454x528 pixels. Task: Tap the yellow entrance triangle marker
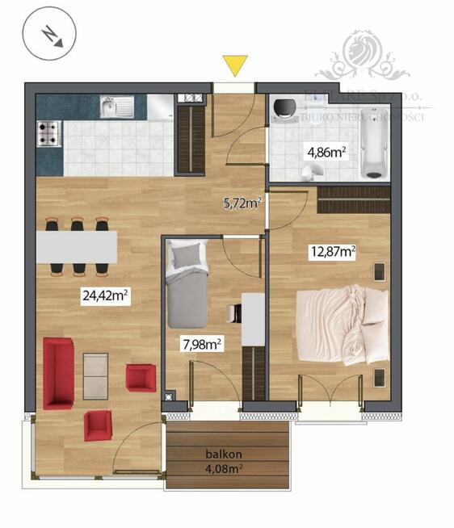(235, 65)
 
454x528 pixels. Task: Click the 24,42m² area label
(106, 295)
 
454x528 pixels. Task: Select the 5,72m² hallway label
(242, 203)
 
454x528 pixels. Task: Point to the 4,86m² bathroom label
(326, 151)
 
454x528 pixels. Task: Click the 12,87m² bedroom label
(334, 251)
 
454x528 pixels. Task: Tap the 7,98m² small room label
(202, 345)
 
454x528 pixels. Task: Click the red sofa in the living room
(59, 372)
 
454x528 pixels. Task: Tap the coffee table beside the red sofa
(95, 376)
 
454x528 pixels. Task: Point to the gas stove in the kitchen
(48, 133)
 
